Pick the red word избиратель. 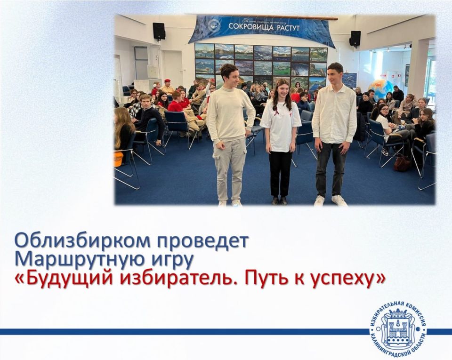[x=178, y=279]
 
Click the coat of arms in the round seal [x=398, y=329]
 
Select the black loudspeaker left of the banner [x=159, y=31]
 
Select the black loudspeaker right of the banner [x=355, y=39]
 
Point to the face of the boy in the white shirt [x=335, y=74]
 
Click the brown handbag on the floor [x=402, y=163]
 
